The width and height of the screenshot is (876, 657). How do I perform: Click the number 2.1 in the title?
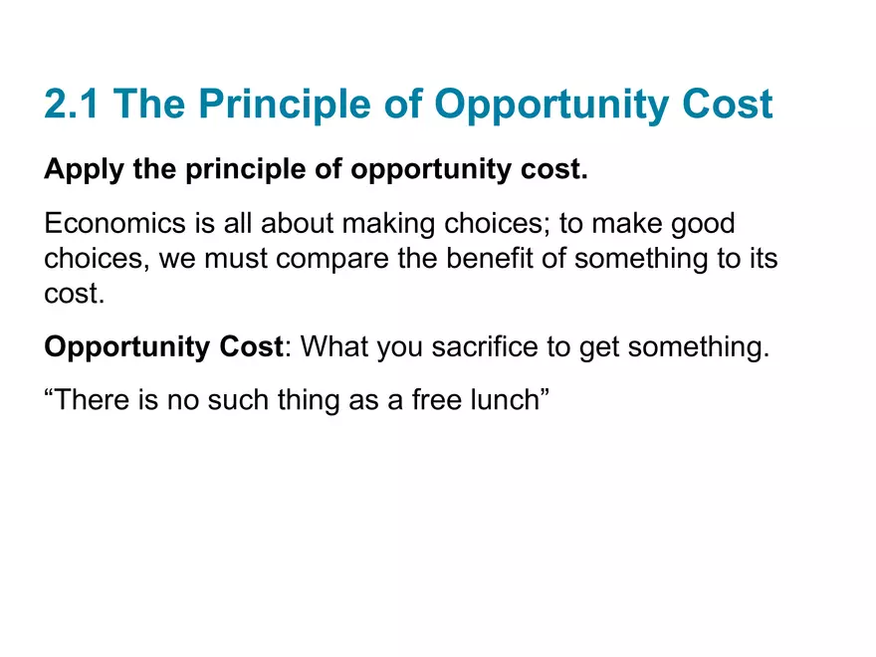click(x=73, y=105)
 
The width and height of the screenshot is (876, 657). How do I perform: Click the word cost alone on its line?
click(x=74, y=294)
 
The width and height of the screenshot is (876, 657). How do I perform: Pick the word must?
click(x=233, y=259)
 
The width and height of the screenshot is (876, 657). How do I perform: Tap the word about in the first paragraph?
click(x=299, y=224)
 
